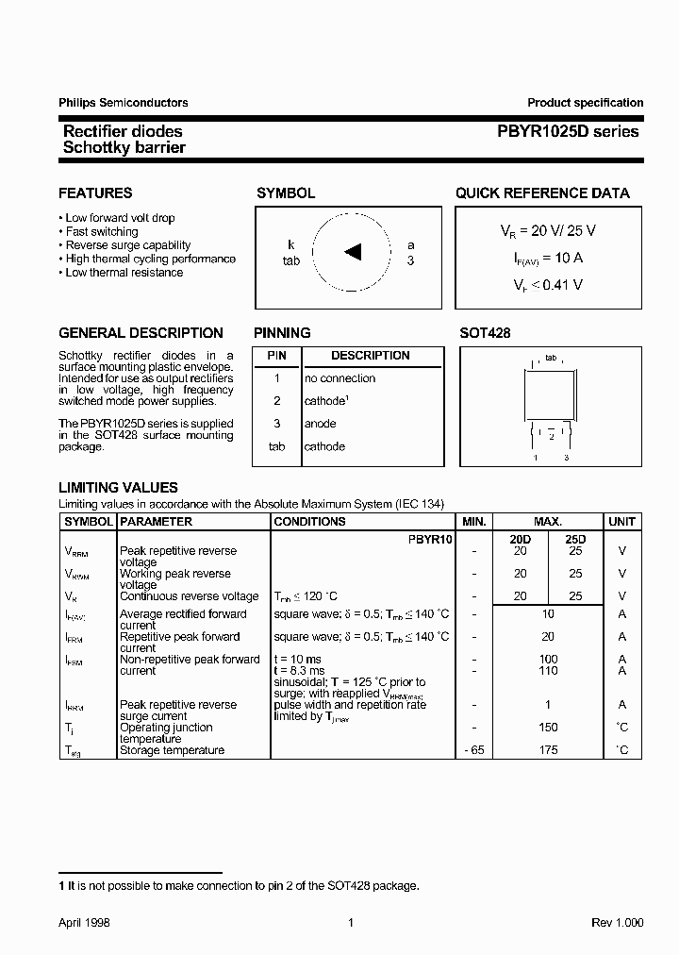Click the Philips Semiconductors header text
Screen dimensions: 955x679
pos(124,103)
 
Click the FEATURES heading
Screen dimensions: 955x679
pos(95,193)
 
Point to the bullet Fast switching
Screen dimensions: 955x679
pos(102,231)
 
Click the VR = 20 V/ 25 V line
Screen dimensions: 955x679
pos(547,230)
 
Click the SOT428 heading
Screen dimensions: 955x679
pos(485,333)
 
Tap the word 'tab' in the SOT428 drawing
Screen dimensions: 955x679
pos(551,358)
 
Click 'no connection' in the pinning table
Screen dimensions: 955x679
pos(339,378)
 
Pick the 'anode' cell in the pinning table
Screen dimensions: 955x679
pos(320,424)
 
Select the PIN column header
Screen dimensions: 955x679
pos(276,356)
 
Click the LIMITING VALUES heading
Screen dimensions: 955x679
pos(118,488)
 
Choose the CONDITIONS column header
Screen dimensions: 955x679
pos(309,522)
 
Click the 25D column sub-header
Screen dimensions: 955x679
pos(575,539)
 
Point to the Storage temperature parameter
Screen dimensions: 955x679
pos(172,750)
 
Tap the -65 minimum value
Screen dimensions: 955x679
pos(473,750)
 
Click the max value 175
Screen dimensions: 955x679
pos(548,750)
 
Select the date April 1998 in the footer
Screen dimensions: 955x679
pos(84,923)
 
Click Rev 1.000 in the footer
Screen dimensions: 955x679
pos(618,923)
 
